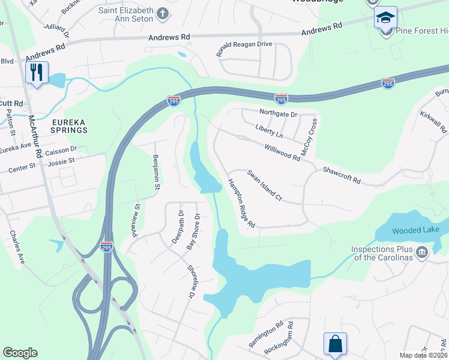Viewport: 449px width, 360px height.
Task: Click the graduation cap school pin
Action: [385, 18]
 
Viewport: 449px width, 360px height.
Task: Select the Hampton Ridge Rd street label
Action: [241, 204]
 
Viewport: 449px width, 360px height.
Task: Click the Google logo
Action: [20, 353]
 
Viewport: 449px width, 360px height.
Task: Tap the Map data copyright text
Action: [423, 355]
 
